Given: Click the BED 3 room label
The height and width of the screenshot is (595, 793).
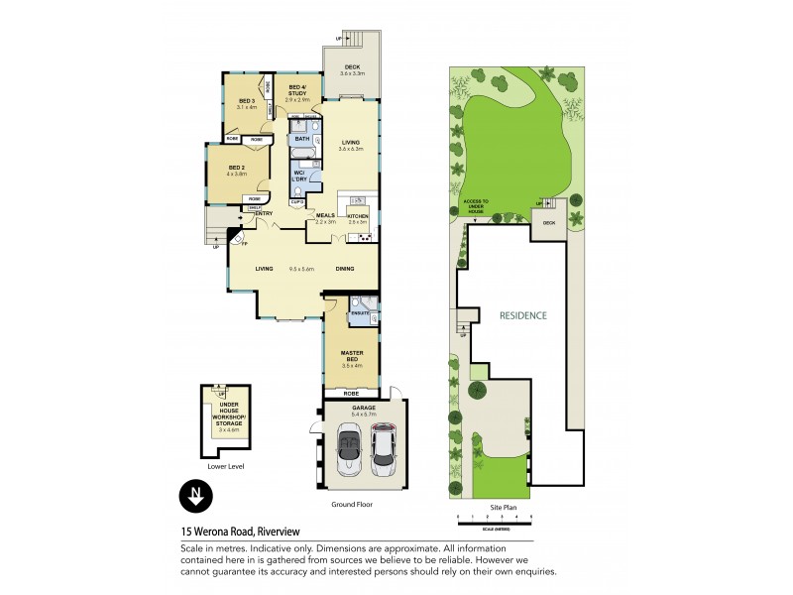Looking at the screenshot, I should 248,101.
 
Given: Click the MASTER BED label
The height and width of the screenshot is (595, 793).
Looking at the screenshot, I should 352,353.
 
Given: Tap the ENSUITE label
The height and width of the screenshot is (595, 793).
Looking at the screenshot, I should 360,313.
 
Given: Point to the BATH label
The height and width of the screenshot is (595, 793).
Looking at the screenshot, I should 302,139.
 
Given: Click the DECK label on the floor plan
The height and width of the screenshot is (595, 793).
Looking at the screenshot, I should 353,67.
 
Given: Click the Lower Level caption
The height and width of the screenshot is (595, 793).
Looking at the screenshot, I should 227,466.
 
